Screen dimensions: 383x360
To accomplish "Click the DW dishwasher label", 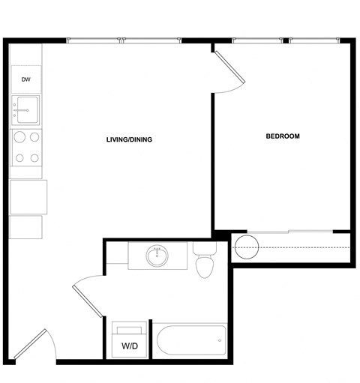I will tap(25, 79).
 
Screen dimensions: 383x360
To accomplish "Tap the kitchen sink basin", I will tap(25, 110).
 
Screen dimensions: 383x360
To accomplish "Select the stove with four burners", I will tap(26, 147).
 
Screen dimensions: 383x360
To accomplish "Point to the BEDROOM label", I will tap(283, 136).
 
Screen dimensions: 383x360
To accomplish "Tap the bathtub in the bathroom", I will tap(190, 343).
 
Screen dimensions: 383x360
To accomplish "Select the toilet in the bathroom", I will tap(204, 260).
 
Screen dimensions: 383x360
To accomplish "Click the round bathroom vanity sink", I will tap(157, 256).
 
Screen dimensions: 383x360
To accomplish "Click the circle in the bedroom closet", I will tap(245, 246).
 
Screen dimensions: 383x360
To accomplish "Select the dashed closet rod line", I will tap(300, 247).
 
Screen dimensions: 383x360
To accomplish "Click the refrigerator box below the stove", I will tap(28, 196).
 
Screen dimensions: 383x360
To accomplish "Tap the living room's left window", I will tap(94, 40).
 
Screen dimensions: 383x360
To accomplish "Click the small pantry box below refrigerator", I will tap(26, 226).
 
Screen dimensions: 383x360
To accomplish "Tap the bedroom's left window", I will tap(259, 40).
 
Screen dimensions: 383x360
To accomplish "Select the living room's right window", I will tap(153, 40).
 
